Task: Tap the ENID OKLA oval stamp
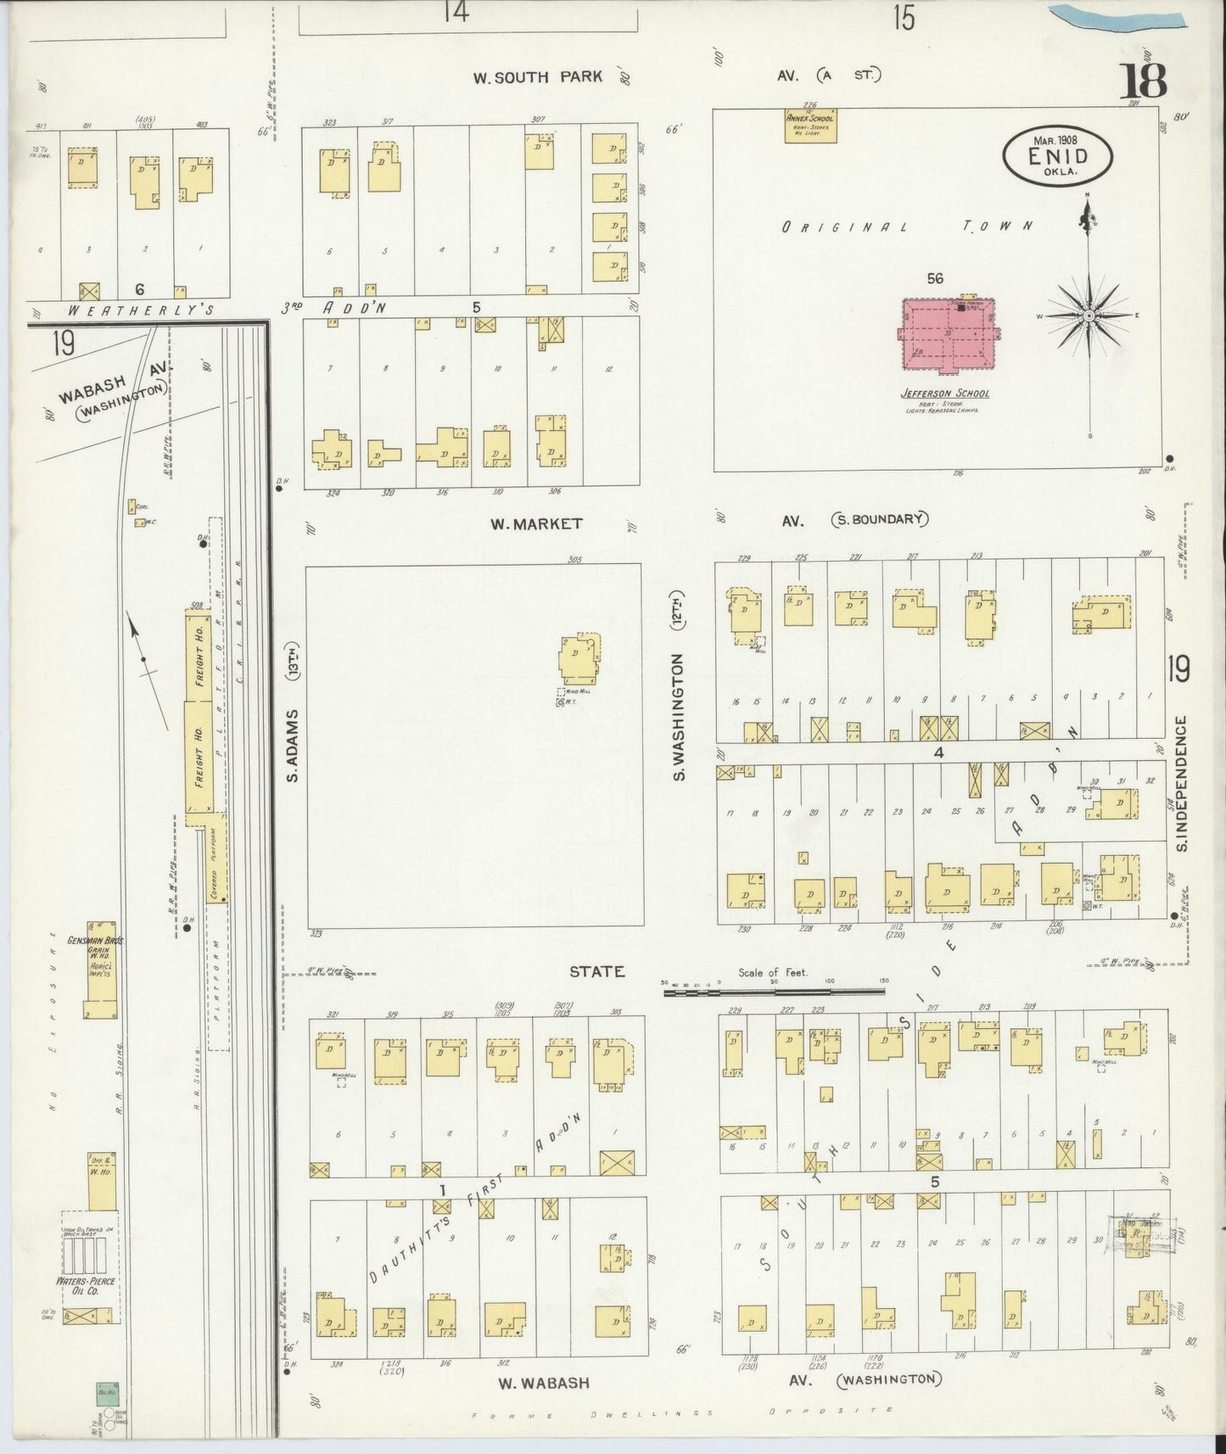click(1057, 157)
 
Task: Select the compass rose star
click(1089, 316)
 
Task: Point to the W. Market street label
click(535, 523)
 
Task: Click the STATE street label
click(596, 972)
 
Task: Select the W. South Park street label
click(538, 77)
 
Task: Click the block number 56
click(934, 278)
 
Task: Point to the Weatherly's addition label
click(140, 310)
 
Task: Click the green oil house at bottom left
click(107, 1393)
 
